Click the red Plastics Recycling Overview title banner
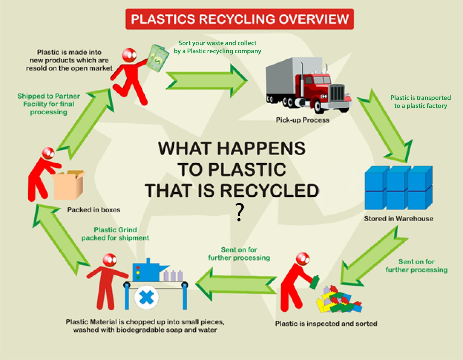coord(240,19)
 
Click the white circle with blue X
coord(146,297)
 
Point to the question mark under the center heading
coord(239,212)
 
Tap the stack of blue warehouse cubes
coord(398,188)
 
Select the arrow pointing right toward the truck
coord(207,80)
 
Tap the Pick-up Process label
coord(302,120)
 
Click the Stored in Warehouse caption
coord(398,219)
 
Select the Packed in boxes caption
coord(94,210)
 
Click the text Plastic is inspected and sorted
coord(326,324)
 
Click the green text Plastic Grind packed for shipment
coord(115,234)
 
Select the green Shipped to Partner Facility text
coord(49,104)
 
